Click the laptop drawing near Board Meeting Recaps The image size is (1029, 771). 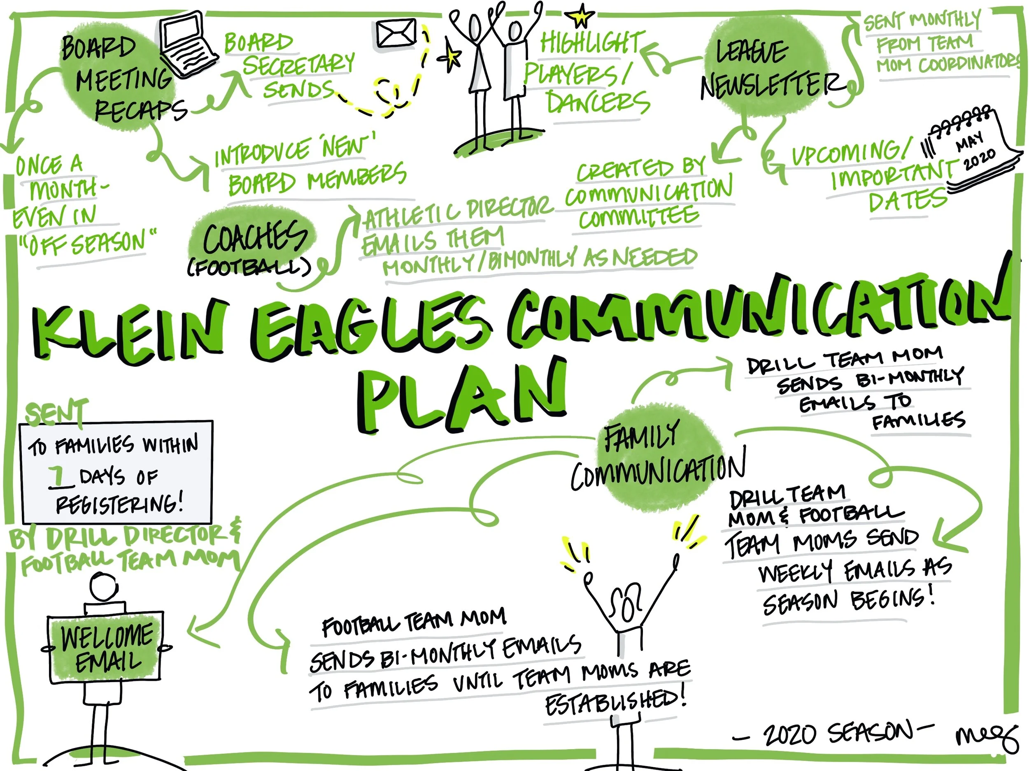(x=187, y=46)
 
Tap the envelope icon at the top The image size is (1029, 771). (x=396, y=33)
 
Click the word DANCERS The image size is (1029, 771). (x=598, y=103)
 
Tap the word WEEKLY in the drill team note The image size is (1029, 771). (x=796, y=572)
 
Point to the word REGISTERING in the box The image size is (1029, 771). (x=119, y=504)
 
